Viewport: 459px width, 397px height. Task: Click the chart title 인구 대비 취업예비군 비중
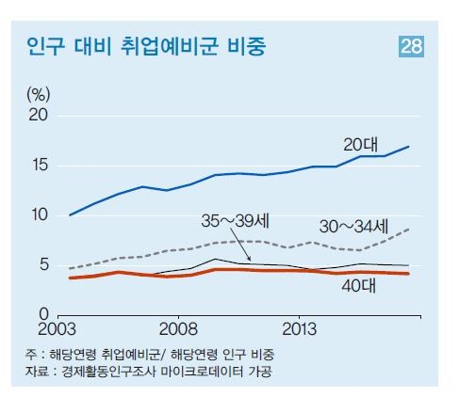pyautogui.click(x=145, y=47)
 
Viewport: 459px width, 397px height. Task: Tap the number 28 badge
pyautogui.click(x=412, y=47)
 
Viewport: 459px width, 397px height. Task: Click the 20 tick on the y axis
pyautogui.click(x=38, y=115)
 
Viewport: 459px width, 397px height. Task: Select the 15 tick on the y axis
pyautogui.click(x=38, y=166)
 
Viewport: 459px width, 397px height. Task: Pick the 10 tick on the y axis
pyautogui.click(x=38, y=215)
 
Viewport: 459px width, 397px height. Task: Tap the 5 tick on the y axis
pyautogui.click(x=42, y=265)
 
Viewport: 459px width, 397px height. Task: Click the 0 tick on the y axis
pyautogui.click(x=42, y=314)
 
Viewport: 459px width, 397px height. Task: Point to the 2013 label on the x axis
pyautogui.click(x=299, y=330)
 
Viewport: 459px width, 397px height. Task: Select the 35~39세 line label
pyautogui.click(x=236, y=222)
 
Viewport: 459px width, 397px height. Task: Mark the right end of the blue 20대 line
pyautogui.click(x=408, y=147)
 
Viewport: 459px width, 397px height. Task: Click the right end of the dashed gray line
pyautogui.click(x=408, y=229)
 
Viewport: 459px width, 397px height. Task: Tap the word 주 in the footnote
pyautogui.click(x=31, y=355)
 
